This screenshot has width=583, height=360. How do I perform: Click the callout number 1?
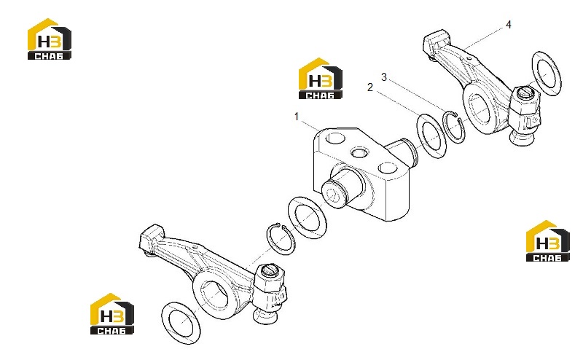click(x=297, y=117)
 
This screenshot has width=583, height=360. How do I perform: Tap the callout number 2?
click(x=370, y=87)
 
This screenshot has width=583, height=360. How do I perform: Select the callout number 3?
click(x=384, y=77)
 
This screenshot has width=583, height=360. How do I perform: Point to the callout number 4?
click(x=509, y=25)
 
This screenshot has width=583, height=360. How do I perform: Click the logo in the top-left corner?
click(x=50, y=39)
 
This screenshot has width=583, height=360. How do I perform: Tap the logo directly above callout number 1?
click(x=321, y=79)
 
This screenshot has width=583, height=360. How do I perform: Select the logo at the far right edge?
click(x=547, y=241)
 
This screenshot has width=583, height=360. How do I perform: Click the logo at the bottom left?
click(x=112, y=314)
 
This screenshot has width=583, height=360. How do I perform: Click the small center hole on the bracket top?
click(x=360, y=152)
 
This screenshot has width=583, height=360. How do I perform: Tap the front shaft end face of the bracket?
click(x=334, y=194)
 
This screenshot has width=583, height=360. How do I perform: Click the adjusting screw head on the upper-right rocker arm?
click(x=525, y=93)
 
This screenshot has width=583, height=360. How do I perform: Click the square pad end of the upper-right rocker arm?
click(x=437, y=41)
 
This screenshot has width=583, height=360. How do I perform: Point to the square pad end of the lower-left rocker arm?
click(x=151, y=238)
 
